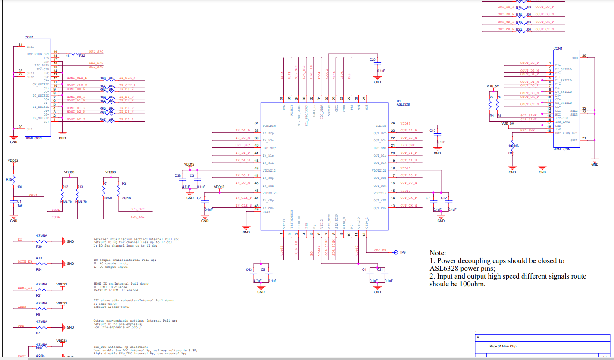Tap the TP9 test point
tap(403, 253)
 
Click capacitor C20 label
tap(373, 59)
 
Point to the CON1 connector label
tap(29, 37)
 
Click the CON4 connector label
tap(558, 48)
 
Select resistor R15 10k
tap(9, 179)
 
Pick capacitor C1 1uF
tap(19, 201)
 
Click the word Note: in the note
tap(438, 253)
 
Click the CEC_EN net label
tap(380, 250)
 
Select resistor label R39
tap(39, 247)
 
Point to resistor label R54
tap(39, 269)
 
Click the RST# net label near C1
tap(33, 195)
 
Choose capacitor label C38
tap(177, 175)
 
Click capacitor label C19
tap(432, 131)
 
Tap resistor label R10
tap(511, 153)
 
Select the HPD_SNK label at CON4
tap(527, 130)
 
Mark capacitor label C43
tap(249, 269)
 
